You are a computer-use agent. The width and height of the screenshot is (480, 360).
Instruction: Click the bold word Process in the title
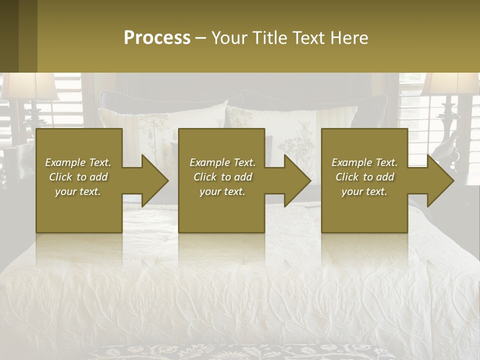pyautogui.click(x=157, y=38)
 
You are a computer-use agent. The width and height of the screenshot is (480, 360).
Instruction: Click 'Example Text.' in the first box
pyautogui.click(x=78, y=162)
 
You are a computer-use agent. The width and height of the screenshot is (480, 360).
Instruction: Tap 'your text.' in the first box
pyautogui.click(x=78, y=191)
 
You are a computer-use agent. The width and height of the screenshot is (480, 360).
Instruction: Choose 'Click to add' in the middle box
pyautogui.click(x=222, y=177)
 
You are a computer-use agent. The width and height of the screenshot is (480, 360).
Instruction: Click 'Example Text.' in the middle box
pyautogui.click(x=222, y=162)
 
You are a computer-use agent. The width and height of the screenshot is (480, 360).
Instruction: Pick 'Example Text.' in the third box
pyautogui.click(x=364, y=162)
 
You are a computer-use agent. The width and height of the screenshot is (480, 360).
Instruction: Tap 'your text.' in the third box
pyautogui.click(x=364, y=191)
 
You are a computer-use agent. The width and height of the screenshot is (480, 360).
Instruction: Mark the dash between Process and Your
pyautogui.click(x=201, y=38)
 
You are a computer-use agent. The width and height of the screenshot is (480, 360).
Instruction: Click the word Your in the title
pyautogui.click(x=229, y=38)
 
